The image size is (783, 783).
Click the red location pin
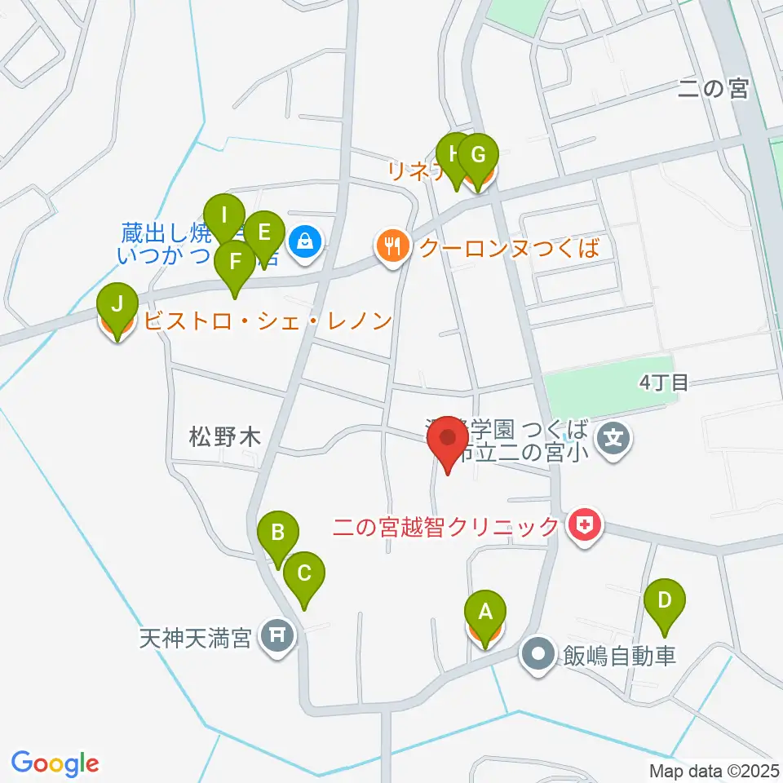click(448, 441)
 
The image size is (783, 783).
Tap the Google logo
click(55, 763)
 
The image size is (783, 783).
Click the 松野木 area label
click(224, 438)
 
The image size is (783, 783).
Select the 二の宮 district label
click(713, 89)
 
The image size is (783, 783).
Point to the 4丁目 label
click(665, 382)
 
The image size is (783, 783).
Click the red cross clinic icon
click(585, 527)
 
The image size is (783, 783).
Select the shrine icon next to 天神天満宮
click(274, 633)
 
